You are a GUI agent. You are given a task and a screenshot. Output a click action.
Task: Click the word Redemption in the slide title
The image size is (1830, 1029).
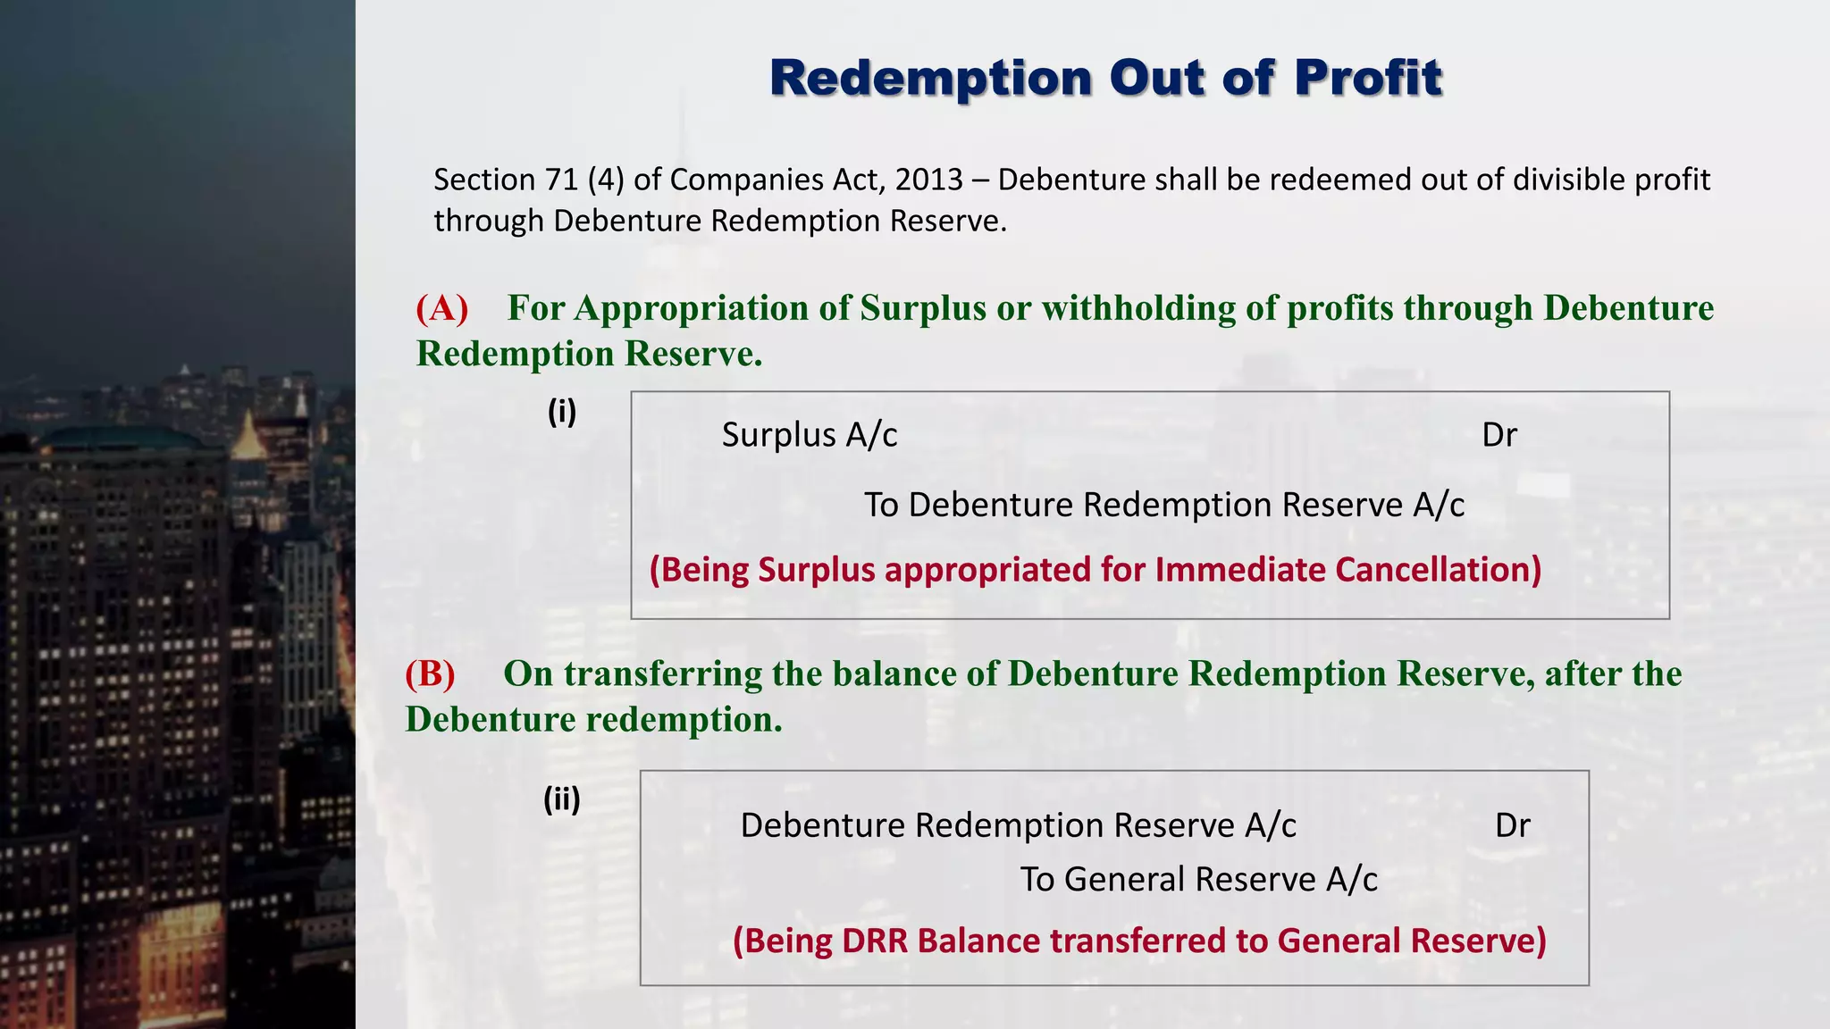click(x=931, y=79)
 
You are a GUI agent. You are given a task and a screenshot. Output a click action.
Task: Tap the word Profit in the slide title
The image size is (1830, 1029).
click(x=1368, y=79)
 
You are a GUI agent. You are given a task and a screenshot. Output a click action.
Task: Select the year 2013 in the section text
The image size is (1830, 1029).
click(x=929, y=180)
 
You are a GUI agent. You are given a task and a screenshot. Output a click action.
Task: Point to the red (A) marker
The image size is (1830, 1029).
click(x=442, y=308)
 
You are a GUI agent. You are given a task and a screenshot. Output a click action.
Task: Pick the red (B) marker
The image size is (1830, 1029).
click(x=430, y=673)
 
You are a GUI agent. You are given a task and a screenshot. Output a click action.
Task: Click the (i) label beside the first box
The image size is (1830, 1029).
click(x=562, y=412)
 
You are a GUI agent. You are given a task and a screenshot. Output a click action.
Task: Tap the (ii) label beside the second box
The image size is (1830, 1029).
click(x=562, y=799)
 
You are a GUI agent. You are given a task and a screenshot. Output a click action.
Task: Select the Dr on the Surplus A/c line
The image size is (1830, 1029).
click(x=1499, y=435)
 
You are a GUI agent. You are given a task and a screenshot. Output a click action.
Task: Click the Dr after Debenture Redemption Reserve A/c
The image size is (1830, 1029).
click(x=1512, y=825)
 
